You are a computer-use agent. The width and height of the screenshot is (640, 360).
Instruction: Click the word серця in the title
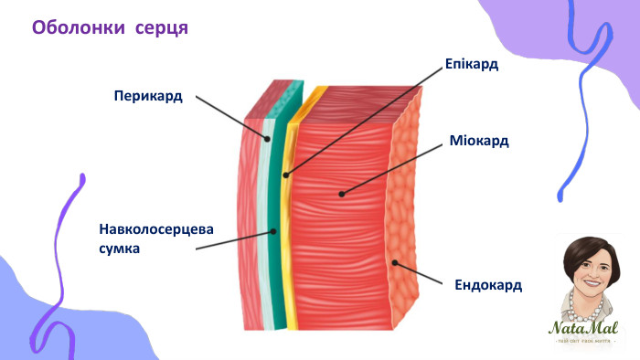[x=161, y=27]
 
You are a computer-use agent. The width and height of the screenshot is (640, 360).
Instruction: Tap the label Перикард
[x=148, y=95]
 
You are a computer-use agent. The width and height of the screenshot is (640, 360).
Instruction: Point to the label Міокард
[x=479, y=142]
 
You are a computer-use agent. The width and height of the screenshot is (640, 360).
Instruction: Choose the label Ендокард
[x=488, y=285]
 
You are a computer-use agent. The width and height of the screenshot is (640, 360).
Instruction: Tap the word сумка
[x=120, y=247]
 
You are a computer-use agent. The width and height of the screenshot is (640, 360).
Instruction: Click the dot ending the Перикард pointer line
[x=268, y=139]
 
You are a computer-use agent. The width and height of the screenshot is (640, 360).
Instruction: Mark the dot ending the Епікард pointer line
[x=285, y=175]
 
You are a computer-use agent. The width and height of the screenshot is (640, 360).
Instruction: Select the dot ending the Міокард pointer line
[x=341, y=193]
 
